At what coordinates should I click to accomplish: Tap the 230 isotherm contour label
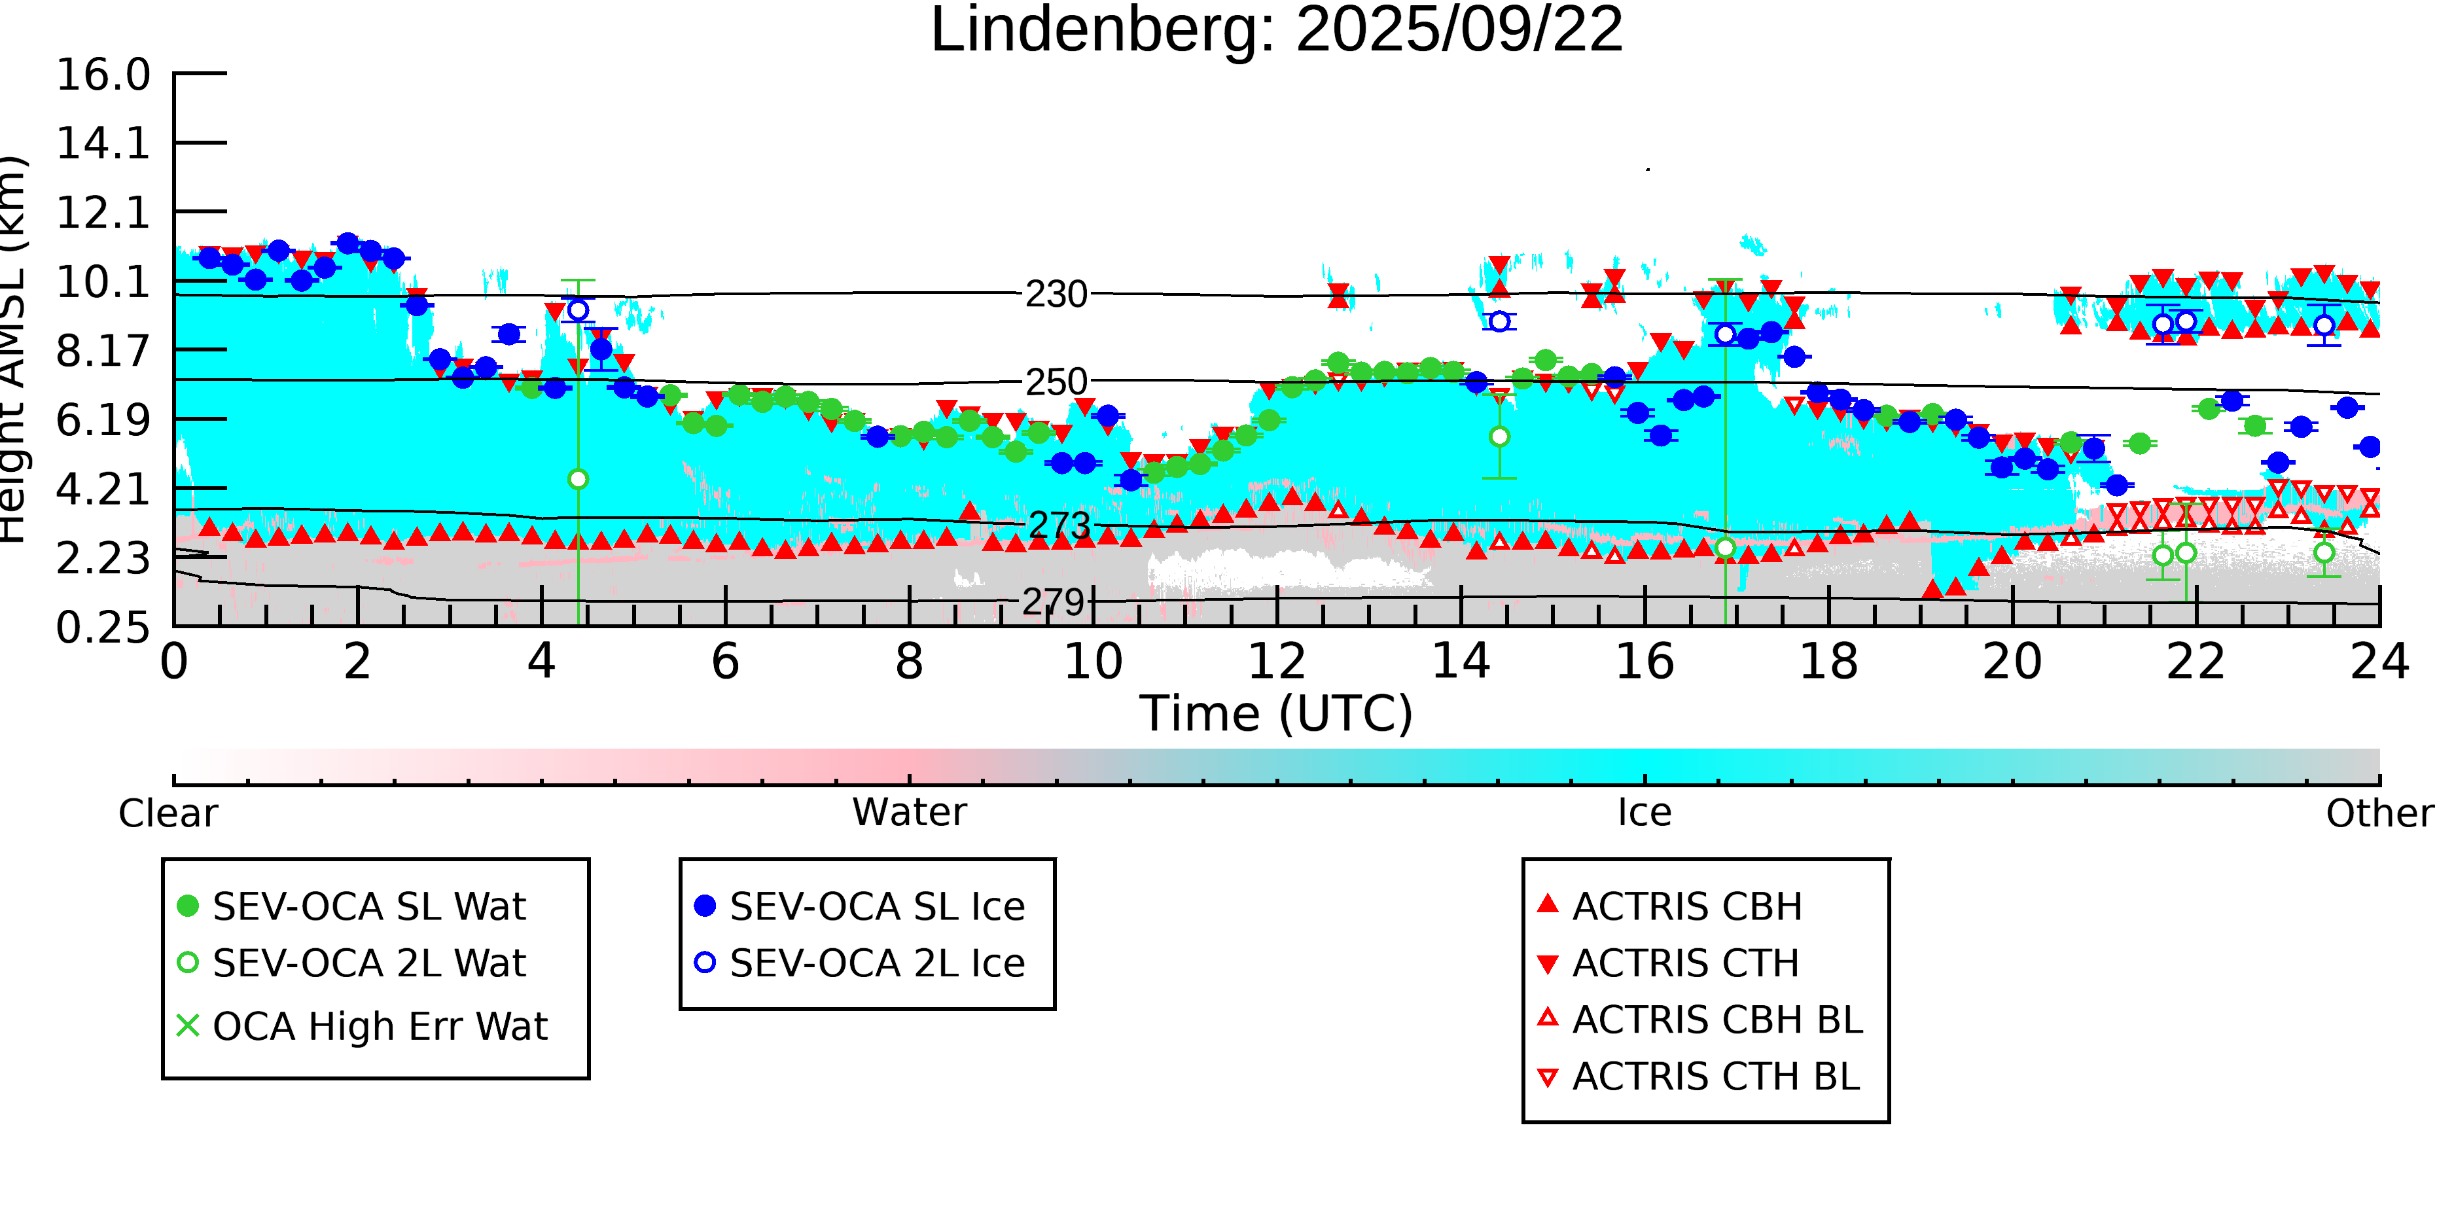[1056, 295]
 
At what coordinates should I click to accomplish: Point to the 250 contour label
[1056, 382]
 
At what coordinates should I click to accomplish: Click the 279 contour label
[1054, 602]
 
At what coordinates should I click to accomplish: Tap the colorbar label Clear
[168, 813]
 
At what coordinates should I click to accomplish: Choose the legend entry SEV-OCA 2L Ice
[876, 964]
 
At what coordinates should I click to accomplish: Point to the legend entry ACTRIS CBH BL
[1716, 1020]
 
